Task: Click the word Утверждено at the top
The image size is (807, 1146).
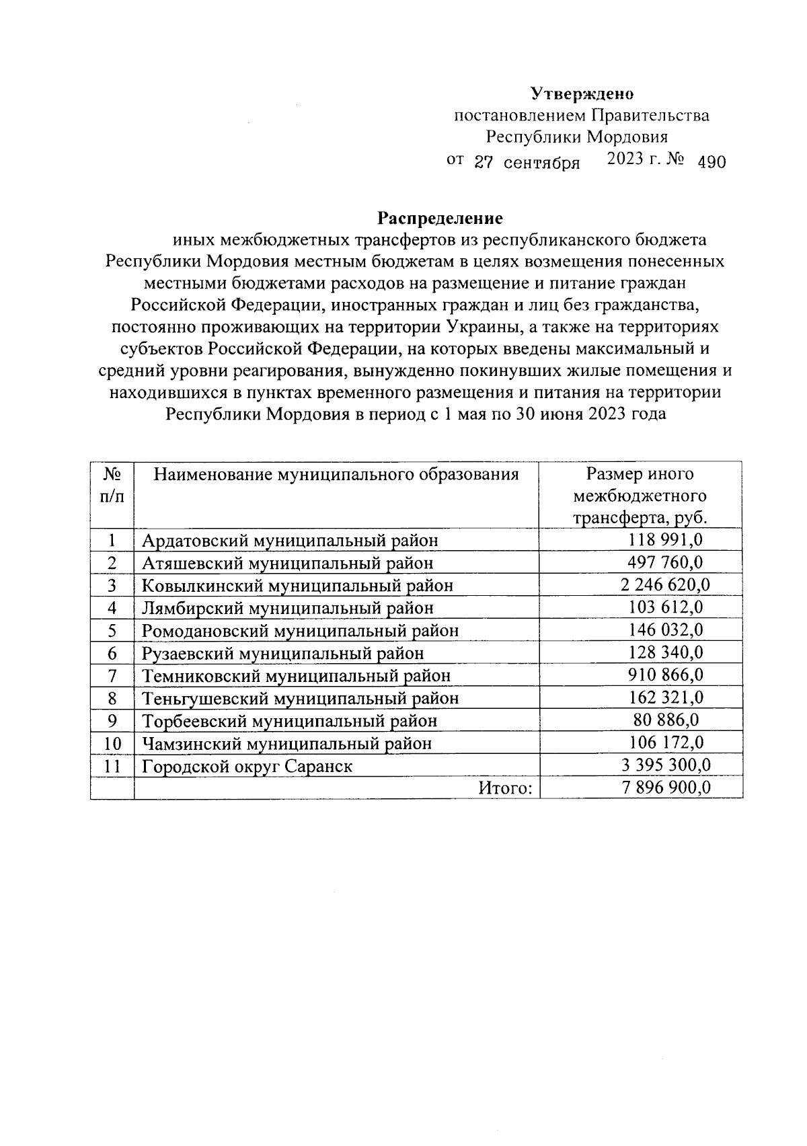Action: point(582,93)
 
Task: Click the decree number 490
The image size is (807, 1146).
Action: point(712,162)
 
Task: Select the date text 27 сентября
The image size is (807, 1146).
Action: point(527,162)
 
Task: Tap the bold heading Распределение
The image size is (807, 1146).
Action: point(440,219)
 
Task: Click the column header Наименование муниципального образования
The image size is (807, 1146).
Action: point(336,475)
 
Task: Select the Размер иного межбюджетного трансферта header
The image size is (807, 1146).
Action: point(640,496)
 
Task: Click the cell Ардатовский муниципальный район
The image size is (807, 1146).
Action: point(290,540)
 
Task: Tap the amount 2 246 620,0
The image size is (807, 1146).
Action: point(666,585)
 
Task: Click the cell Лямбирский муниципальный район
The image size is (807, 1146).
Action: point(287,608)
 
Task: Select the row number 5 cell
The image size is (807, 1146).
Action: point(112,631)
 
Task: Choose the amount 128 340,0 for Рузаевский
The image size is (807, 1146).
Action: point(666,653)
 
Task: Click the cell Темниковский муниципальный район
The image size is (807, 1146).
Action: point(296,676)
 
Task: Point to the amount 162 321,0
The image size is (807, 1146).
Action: point(666,698)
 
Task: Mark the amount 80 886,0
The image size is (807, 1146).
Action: point(666,721)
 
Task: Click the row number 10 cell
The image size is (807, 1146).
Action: point(112,744)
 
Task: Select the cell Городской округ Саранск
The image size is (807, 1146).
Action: point(247,766)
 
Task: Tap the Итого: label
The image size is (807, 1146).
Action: point(504,788)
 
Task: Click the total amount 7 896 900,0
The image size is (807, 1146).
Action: point(666,788)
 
